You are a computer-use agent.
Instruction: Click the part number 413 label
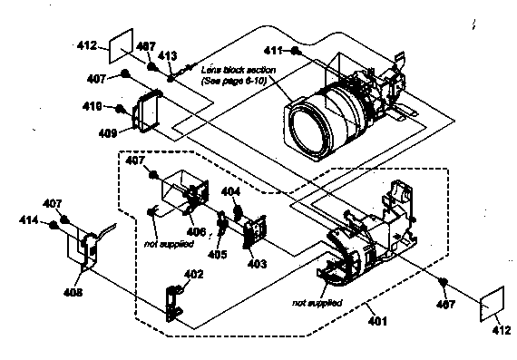(167, 55)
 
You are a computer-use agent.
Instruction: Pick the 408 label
(72, 293)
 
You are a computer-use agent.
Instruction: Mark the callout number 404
(230, 192)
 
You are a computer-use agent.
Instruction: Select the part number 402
(194, 274)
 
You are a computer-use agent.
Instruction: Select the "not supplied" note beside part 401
(317, 302)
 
